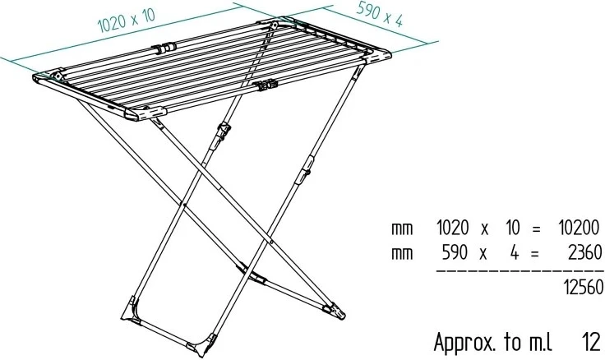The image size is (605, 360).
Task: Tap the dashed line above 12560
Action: (518, 270)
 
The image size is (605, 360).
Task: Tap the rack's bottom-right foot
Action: (335, 311)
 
